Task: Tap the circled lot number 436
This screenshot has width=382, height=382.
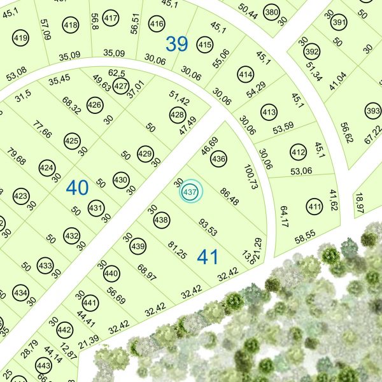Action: tap(218, 159)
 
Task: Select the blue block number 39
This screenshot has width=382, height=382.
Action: tap(178, 44)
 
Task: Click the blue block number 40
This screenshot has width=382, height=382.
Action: tap(77, 188)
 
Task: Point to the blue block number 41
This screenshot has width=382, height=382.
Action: tap(208, 257)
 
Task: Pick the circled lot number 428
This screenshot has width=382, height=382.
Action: tap(177, 115)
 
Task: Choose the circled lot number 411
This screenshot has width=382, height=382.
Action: tap(314, 207)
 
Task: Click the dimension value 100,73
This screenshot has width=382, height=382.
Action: tap(250, 178)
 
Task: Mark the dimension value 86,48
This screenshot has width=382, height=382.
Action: tap(229, 197)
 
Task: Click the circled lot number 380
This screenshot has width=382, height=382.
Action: tap(272, 12)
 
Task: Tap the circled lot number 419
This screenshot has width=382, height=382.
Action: tap(20, 39)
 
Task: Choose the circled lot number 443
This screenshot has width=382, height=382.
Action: tap(43, 366)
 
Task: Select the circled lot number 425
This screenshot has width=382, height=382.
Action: tap(72, 141)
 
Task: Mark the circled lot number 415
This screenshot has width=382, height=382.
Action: tap(204, 45)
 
